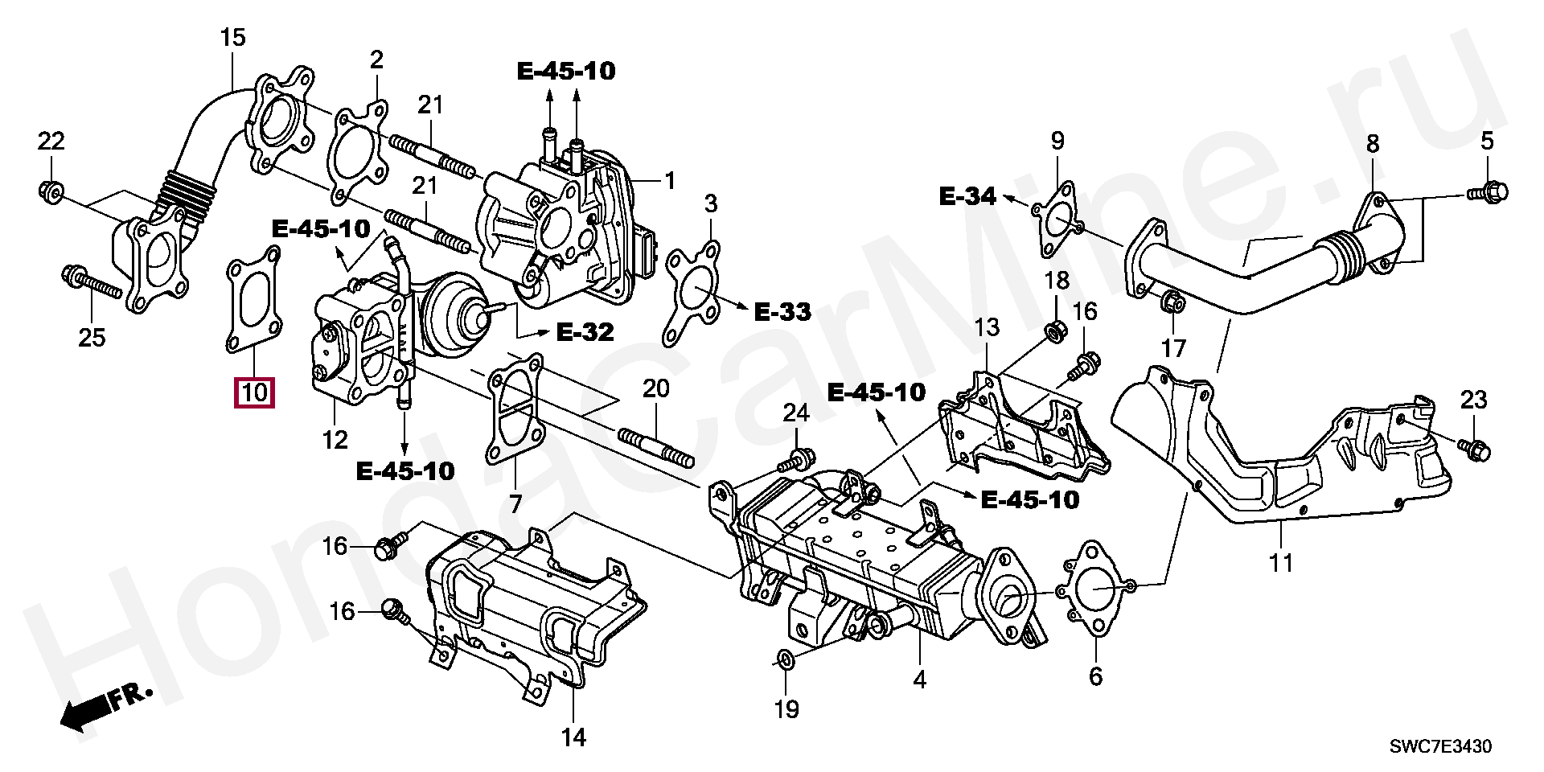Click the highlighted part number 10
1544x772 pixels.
coord(254,392)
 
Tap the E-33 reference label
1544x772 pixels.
coord(782,312)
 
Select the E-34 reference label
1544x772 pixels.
coord(967,195)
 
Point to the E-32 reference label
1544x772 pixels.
coord(585,331)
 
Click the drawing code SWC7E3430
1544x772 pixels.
coord(1441,747)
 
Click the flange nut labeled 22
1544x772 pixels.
coord(50,191)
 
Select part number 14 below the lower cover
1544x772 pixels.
coord(573,737)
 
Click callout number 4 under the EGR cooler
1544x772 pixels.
coord(920,680)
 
